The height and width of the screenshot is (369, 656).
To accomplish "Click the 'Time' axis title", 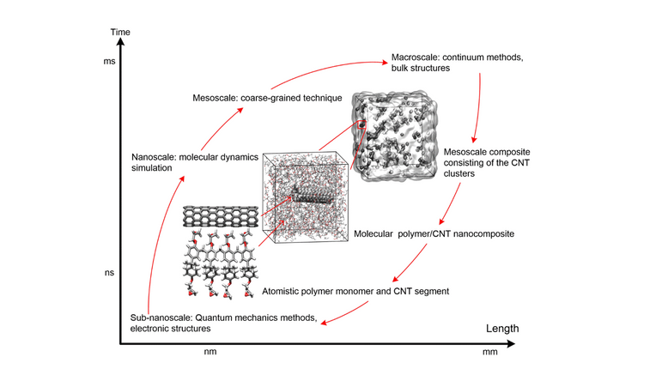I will [x=122, y=33].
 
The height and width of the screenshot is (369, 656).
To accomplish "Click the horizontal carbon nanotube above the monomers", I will [x=222, y=215].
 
